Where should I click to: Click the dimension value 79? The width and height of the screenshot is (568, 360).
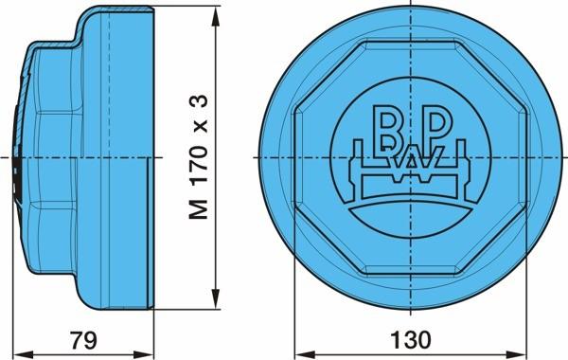tap(83, 340)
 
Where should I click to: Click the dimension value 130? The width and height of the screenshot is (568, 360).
tap(411, 340)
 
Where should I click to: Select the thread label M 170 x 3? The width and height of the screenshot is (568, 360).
tap(199, 156)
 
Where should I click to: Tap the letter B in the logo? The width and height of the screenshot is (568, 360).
tap(385, 128)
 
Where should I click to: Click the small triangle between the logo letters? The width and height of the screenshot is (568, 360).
tap(411, 162)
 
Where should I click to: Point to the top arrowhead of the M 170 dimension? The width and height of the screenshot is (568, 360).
tap(216, 17)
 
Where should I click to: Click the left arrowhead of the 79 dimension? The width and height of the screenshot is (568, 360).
tap(23, 353)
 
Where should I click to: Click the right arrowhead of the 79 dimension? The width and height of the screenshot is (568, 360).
tap(144, 353)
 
